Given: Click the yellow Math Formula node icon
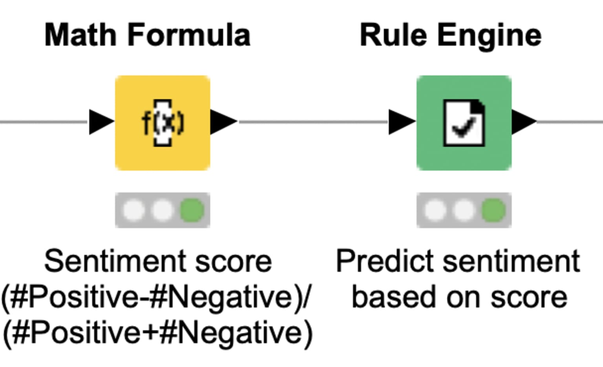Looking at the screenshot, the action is pyautogui.click(x=163, y=123).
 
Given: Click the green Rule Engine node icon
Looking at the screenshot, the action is pyautogui.click(x=464, y=123).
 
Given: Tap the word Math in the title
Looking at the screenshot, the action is pyautogui.click(x=80, y=35).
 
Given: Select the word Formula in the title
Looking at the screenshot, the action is pyautogui.click(x=189, y=35).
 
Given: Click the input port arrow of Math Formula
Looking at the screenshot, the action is pyautogui.click(x=102, y=122).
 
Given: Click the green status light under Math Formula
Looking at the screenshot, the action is pyautogui.click(x=192, y=210).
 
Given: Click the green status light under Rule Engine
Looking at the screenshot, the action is pyautogui.click(x=493, y=210).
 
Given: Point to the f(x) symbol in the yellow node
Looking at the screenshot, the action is pyautogui.click(x=163, y=123).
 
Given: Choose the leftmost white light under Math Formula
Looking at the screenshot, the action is pyautogui.click(x=133, y=210).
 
